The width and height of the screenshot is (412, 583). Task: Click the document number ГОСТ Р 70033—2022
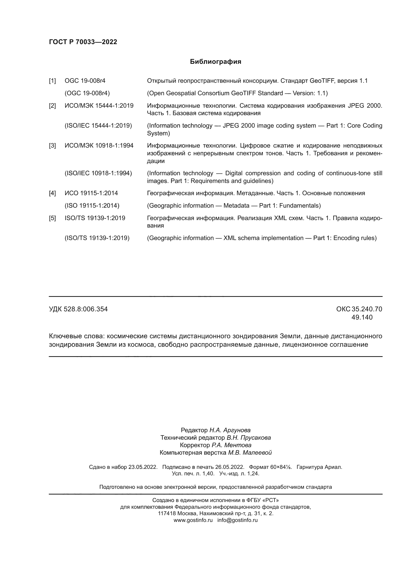coord(83,42)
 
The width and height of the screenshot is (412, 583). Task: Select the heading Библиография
coord(215,62)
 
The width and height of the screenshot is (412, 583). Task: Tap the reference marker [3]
coord(52,146)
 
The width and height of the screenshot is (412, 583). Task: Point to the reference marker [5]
coord(52,218)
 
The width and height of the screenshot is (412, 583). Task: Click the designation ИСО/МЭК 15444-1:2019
coord(99,106)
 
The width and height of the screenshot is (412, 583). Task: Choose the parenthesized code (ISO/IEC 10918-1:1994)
coord(98,173)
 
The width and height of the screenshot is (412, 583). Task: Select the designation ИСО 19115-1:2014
coord(91,193)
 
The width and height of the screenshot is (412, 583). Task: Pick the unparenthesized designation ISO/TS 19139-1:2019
coord(95,218)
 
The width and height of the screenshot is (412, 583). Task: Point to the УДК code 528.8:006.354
coord(86,309)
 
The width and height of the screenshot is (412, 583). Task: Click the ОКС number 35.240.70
coord(367,309)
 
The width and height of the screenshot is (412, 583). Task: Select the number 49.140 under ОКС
coord(362,317)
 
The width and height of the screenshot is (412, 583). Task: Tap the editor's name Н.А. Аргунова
coord(230,430)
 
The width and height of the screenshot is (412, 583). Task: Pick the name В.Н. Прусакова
coord(249,438)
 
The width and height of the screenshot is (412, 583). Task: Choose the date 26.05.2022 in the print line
coord(230,467)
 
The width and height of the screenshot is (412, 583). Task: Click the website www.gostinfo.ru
coord(193,520)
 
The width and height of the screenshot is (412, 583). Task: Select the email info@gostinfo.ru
coord(237,520)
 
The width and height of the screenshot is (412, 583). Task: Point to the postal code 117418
coord(167,513)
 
